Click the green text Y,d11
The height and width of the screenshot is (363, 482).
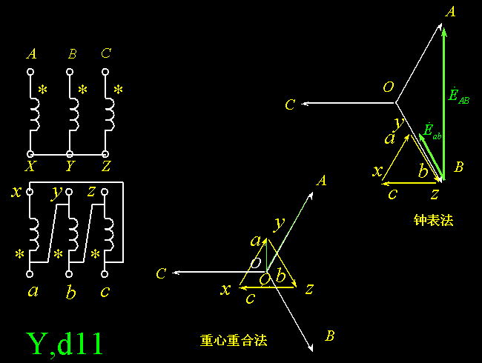(x=65, y=344)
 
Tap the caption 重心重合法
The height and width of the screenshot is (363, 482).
(x=234, y=340)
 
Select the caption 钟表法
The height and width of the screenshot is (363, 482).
(x=433, y=220)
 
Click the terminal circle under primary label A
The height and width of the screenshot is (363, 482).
(x=30, y=72)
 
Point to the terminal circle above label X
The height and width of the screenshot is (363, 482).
(x=30, y=154)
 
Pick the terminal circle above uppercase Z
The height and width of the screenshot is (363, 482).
(x=105, y=154)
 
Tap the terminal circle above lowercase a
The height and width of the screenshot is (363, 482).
(x=30, y=274)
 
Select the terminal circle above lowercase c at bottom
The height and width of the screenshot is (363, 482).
(x=105, y=274)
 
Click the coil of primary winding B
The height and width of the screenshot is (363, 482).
(x=74, y=115)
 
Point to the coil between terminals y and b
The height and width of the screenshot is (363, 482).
(x=73, y=235)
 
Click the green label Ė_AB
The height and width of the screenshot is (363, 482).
(x=458, y=96)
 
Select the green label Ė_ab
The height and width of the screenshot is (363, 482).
(x=432, y=131)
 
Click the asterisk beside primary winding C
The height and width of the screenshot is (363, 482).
(x=119, y=90)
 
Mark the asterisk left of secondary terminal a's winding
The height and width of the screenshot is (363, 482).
(x=20, y=254)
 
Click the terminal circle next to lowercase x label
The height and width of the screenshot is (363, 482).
(x=30, y=192)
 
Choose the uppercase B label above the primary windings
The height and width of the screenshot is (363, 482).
(x=73, y=54)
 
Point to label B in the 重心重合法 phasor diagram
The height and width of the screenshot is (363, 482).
(x=330, y=336)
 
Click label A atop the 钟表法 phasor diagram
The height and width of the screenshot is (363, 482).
(x=450, y=12)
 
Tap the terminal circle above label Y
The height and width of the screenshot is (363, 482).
(x=70, y=154)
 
